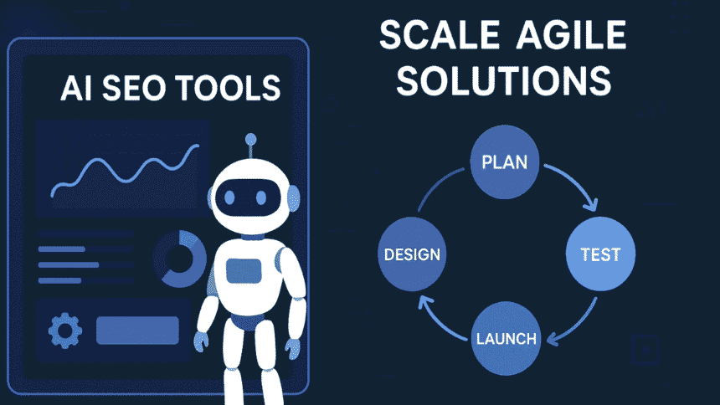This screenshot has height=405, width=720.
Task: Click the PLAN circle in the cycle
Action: point(504,161)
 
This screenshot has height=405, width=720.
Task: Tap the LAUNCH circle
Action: point(506,340)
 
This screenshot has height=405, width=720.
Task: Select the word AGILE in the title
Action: point(573,37)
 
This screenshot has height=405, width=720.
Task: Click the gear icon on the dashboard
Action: point(64,330)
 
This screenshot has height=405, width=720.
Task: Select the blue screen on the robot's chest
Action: point(244,270)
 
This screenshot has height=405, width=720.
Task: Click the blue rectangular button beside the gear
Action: point(137,331)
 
